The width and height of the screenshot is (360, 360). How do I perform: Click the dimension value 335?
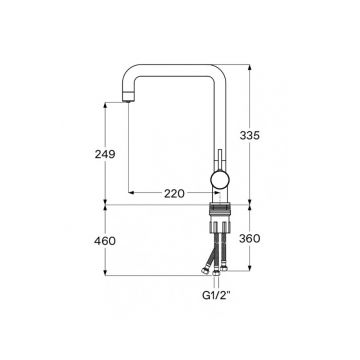[x=250, y=136]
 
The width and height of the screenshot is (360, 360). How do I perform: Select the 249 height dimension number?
[x=105, y=154]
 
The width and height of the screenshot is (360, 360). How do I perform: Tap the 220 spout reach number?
[x=174, y=193]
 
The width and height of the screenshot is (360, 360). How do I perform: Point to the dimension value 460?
[x=105, y=241]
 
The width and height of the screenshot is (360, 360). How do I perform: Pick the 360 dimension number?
[x=250, y=239]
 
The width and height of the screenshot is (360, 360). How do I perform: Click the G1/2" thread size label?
[x=217, y=295]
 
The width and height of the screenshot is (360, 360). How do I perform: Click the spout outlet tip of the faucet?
[x=128, y=97]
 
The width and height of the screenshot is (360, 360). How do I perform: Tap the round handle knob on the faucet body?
[x=220, y=180]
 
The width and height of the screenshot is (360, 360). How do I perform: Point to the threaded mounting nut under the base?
[x=220, y=209]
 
